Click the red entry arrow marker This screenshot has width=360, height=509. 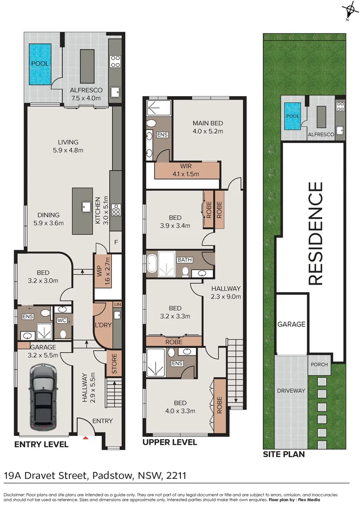tap(85, 438)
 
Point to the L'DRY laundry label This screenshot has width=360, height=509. tap(103, 326)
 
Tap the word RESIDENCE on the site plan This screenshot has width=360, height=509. tap(315, 233)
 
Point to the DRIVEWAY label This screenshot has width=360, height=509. tap(291, 391)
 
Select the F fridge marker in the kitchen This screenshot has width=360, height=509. tap(116, 243)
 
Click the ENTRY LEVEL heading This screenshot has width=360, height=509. tap(41, 444)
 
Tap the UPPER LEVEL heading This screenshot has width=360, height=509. tap(170, 442)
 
